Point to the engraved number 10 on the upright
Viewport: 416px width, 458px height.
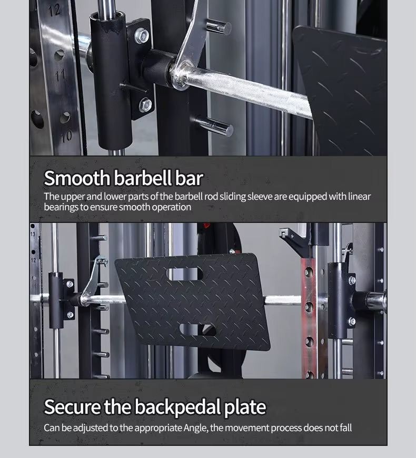pos(66,136)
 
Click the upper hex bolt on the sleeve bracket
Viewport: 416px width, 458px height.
pos(142,36)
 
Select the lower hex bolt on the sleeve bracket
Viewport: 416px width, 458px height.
pos(145,105)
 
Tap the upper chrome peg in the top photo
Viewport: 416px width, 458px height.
pos(219,27)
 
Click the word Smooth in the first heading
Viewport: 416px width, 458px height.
pos(77,178)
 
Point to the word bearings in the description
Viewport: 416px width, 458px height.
pos(62,207)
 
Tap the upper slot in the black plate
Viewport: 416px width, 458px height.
pos(184,274)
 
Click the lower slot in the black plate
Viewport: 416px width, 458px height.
pos(197,329)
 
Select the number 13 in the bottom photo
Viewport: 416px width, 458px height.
pos(33,234)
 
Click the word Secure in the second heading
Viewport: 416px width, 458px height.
pos(72,406)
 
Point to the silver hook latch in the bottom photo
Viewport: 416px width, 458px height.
pos(95,279)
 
